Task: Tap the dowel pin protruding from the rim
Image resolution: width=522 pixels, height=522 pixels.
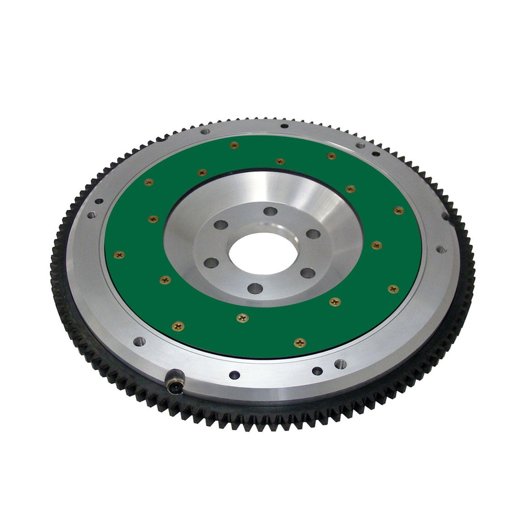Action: tap(174, 381)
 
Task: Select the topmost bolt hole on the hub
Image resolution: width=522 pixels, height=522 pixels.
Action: tap(270, 211)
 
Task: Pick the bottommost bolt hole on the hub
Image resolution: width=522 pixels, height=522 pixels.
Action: tap(255, 289)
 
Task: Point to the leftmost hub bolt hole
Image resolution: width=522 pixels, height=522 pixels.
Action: tap(211, 263)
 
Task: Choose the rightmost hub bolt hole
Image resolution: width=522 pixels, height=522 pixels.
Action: tap(314, 234)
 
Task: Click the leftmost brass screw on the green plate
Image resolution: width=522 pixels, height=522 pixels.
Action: tap(119, 254)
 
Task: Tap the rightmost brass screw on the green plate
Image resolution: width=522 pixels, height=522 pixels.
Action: tap(399, 210)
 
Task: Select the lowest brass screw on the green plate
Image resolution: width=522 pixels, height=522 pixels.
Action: tap(300, 343)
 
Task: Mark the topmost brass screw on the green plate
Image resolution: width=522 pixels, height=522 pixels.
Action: tap(234, 145)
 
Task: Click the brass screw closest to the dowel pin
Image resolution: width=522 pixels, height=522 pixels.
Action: tap(178, 326)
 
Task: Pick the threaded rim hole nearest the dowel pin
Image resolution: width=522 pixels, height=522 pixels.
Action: tap(139, 341)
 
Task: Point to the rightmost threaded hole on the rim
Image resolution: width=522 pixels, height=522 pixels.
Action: tap(441, 250)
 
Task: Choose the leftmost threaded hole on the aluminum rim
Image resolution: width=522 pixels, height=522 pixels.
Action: tap(92, 215)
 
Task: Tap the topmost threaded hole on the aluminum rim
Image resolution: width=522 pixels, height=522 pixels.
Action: tap(205, 132)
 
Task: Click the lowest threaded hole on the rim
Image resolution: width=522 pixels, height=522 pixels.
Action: tap(340, 364)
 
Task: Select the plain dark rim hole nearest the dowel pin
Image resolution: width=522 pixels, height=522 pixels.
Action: tap(234, 375)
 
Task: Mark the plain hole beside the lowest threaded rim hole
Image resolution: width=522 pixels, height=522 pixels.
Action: tap(317, 371)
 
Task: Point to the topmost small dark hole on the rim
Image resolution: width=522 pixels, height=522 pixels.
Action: tap(284, 125)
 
